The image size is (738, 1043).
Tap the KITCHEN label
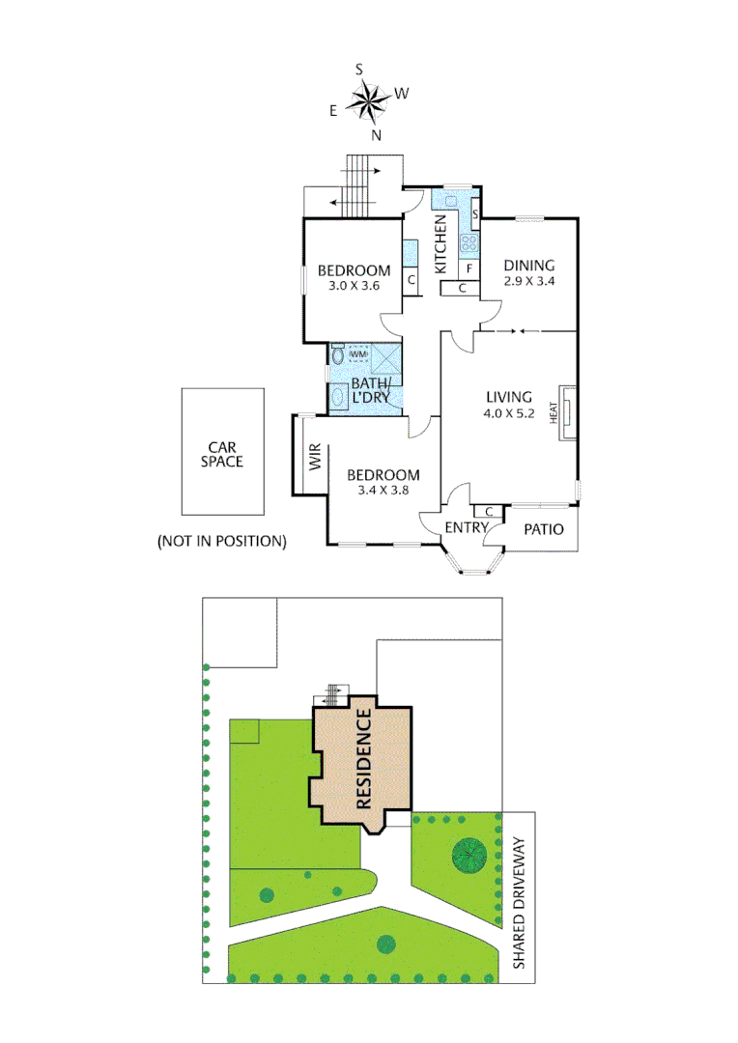[x=440, y=245]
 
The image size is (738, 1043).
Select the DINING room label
[x=528, y=266]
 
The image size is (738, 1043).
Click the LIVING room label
[x=509, y=397]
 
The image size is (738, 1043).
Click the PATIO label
[x=543, y=529]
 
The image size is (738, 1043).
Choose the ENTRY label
[x=467, y=527]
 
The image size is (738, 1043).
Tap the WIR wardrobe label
[x=315, y=456]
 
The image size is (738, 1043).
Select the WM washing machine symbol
[x=358, y=355]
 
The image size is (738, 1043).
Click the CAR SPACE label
[x=222, y=454]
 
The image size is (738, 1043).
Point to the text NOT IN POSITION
[x=222, y=542]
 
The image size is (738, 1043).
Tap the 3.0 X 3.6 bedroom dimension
[x=355, y=286]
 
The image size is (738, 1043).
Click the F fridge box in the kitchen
[x=469, y=268]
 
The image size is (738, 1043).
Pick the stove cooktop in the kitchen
[x=469, y=242]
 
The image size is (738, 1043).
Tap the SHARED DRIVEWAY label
[x=519, y=904]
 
